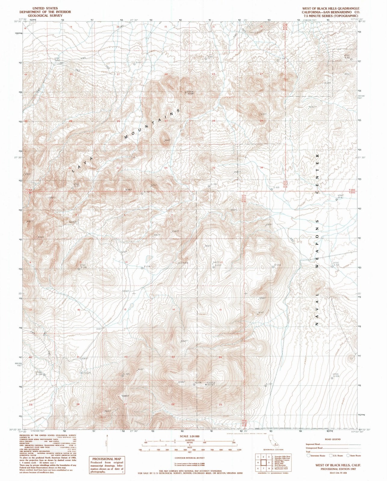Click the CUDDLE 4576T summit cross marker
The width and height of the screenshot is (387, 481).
pos(206,384)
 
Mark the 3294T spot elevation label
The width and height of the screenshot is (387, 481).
pos(262,298)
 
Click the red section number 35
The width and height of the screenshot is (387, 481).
pos(213,168)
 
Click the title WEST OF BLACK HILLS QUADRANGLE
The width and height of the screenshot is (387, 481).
pos(333,8)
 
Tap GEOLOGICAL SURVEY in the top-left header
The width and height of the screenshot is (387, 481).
pos(45,16)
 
